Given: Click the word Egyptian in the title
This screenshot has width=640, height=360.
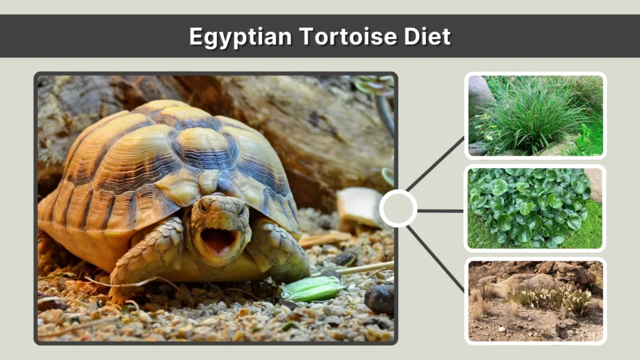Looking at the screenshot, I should pos(241,37).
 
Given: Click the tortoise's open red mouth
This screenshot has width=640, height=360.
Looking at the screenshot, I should pos(218,240).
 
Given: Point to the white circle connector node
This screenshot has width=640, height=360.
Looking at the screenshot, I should pos(398,209).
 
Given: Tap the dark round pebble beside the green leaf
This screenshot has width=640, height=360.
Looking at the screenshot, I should pos(379,299).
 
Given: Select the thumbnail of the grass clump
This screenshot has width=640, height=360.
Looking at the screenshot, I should pos(536,116).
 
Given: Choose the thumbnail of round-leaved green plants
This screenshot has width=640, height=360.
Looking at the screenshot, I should pos(536,208).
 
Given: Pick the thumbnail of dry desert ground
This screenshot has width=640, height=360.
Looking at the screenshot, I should pos(536,301).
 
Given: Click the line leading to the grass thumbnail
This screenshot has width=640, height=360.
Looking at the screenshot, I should pos(436,164).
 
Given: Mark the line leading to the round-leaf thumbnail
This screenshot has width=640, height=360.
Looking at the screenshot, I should pos(441,211).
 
